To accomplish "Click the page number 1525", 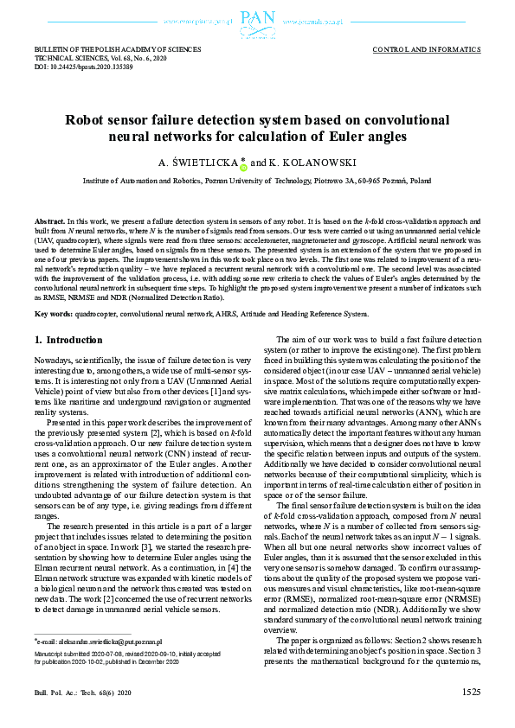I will [x=471, y=692].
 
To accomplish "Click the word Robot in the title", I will [x=88, y=122].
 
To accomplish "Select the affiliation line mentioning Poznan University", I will [x=257, y=182].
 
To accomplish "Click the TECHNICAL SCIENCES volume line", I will [x=96, y=59].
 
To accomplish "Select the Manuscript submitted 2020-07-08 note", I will [x=95, y=655].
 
